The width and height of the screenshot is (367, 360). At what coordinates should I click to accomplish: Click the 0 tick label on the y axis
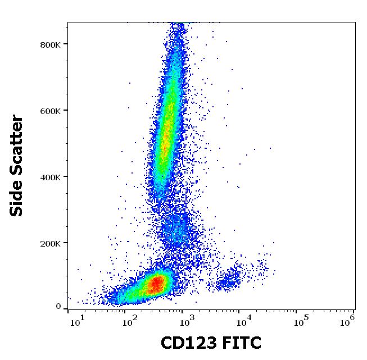(58, 307)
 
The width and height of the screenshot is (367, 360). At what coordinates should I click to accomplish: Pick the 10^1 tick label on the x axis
(79, 320)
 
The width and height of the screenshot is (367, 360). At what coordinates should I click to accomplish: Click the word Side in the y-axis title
(17, 197)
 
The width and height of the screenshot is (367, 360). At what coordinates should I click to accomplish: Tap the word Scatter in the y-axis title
(17, 140)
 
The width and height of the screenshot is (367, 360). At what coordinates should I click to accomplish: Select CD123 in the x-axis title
(187, 343)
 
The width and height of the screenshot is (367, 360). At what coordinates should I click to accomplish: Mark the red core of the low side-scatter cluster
(157, 283)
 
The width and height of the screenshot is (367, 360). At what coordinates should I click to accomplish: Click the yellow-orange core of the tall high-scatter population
(165, 140)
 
